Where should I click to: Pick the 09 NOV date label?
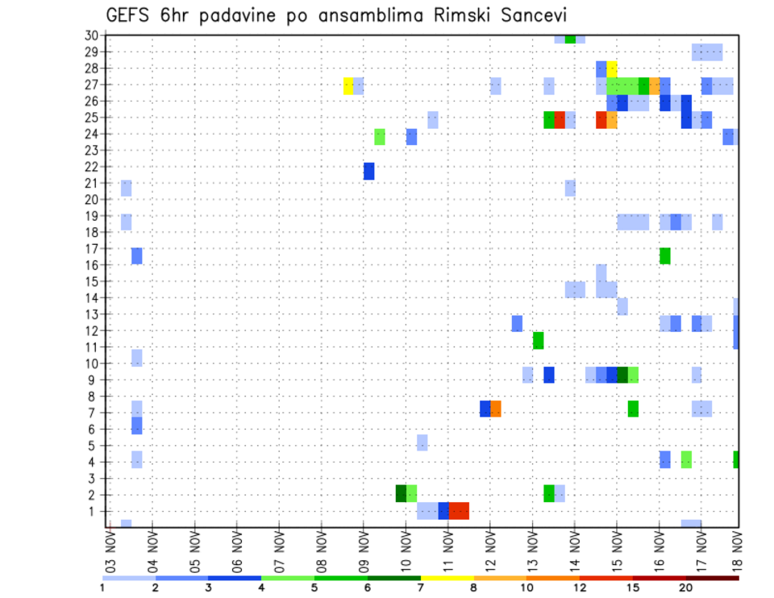click(x=364, y=551)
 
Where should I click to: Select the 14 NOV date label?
click(x=574, y=551)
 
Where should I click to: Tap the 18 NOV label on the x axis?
click(x=737, y=551)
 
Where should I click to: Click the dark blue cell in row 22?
click(x=368, y=171)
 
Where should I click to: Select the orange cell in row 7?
click(x=496, y=409)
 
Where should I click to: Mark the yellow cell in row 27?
click(x=348, y=85)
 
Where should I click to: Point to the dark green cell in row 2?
click(x=401, y=493)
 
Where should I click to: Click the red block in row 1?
click(x=459, y=510)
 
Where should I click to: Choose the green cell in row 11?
click(x=538, y=340)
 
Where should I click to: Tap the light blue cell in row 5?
click(x=422, y=442)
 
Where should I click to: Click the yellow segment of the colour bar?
click(x=447, y=578)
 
